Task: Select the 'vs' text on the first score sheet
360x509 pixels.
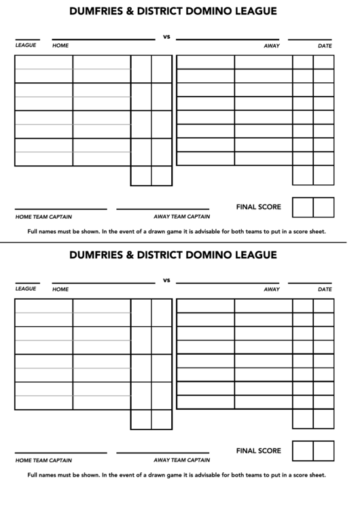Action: pyautogui.click(x=166, y=37)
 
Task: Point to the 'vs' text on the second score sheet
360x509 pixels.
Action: pyautogui.click(x=166, y=280)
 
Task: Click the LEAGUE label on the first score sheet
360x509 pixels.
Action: pyautogui.click(x=26, y=46)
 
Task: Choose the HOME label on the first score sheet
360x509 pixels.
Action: pyautogui.click(x=60, y=46)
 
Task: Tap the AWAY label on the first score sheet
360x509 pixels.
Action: pyautogui.click(x=272, y=46)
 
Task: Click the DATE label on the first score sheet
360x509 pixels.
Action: pyautogui.click(x=325, y=46)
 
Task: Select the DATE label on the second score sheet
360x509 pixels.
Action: pyautogui.click(x=325, y=289)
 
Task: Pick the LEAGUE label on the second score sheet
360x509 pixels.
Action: pyautogui.click(x=26, y=289)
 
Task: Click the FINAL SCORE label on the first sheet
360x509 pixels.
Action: pyautogui.click(x=258, y=207)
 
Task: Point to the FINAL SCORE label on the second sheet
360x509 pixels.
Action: pyautogui.click(x=258, y=450)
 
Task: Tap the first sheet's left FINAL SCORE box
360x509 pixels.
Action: pyautogui.click(x=302, y=207)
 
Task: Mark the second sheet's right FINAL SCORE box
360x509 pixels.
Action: pyautogui.click(x=323, y=451)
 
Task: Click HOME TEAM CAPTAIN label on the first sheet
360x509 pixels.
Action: pyautogui.click(x=43, y=217)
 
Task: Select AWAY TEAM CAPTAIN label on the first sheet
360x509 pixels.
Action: pyautogui.click(x=181, y=217)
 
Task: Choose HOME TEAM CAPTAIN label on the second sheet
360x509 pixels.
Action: pyautogui.click(x=43, y=460)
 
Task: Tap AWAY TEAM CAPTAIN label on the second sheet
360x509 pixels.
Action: pyautogui.click(x=181, y=460)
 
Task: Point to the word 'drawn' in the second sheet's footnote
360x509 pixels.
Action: pyautogui.click(x=147, y=474)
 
